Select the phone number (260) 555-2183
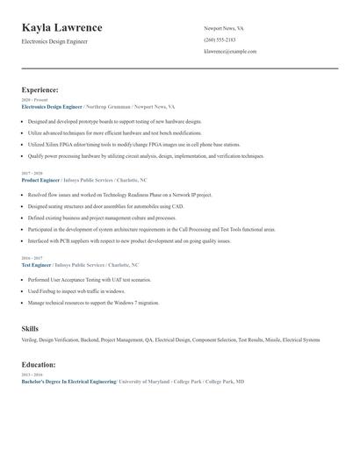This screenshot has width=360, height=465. (220, 39)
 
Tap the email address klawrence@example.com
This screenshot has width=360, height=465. (230, 52)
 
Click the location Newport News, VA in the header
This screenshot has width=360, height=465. (224, 28)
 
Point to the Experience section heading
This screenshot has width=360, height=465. (40, 89)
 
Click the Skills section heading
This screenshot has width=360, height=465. (30, 328)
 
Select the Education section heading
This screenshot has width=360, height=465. (39, 364)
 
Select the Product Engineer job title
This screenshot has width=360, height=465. (40, 180)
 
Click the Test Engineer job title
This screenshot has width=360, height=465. (37, 265)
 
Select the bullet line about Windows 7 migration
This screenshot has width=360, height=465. (94, 302)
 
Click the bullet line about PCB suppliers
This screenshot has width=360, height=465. (129, 240)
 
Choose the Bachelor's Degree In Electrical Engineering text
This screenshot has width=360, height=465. (68, 383)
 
